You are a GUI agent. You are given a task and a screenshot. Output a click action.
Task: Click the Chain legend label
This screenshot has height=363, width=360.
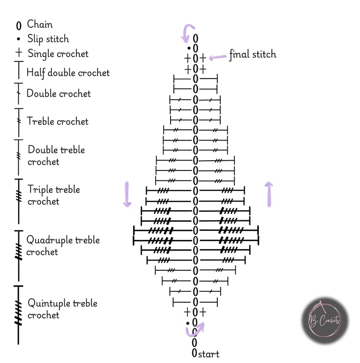point(40,24)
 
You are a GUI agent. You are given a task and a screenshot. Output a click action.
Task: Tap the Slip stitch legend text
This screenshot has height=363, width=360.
point(48,39)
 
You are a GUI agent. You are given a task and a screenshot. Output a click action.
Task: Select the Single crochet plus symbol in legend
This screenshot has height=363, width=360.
point(19,53)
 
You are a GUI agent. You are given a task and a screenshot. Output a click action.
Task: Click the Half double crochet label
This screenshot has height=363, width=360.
point(68,73)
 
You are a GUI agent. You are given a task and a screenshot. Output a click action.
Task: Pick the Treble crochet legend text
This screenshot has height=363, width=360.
point(58,121)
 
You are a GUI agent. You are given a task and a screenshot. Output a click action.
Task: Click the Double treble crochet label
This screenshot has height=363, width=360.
point(56,156)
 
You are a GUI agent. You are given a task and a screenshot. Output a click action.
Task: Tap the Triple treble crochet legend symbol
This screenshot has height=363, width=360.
point(19,196)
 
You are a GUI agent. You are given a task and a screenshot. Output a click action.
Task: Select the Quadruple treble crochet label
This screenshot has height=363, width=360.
point(63,246)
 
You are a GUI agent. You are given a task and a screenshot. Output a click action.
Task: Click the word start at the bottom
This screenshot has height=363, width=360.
point(209,354)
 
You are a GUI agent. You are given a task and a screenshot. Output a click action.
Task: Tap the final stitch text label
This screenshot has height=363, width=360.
point(253,54)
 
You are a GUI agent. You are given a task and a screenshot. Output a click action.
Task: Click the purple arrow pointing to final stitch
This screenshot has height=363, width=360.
point(217,57)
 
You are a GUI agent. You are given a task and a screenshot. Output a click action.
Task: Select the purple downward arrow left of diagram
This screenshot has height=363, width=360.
point(127,194)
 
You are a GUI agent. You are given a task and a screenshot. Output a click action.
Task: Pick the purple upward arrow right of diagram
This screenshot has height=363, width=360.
point(270,194)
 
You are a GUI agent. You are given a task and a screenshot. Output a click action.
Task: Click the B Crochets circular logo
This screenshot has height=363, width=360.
point(324,320)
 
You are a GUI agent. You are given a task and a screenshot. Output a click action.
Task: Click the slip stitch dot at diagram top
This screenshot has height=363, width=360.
point(189,48)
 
